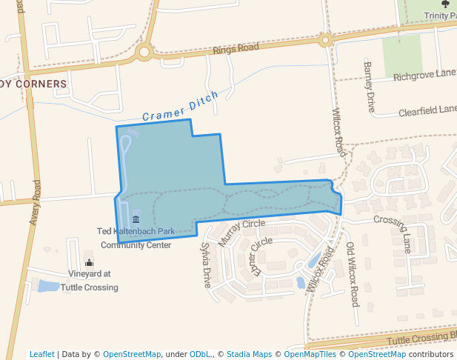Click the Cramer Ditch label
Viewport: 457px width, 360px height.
click(180, 107)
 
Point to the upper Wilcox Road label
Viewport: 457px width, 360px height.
click(338, 132)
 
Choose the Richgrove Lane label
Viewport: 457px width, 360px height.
click(424, 75)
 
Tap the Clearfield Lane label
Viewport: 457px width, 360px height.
click(427, 111)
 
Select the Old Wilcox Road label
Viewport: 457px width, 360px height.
click(352, 275)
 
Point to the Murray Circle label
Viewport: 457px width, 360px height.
click(241, 233)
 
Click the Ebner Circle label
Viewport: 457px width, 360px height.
click(261, 257)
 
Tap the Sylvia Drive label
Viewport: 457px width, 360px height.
click(206, 265)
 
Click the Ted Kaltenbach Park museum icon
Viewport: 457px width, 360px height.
click(136, 219)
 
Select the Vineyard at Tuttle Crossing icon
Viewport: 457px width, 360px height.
click(90, 262)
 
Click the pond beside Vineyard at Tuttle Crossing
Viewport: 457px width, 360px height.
click(49, 286)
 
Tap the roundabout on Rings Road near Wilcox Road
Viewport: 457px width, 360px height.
click(324, 39)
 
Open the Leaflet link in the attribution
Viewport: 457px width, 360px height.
click(41, 354)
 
